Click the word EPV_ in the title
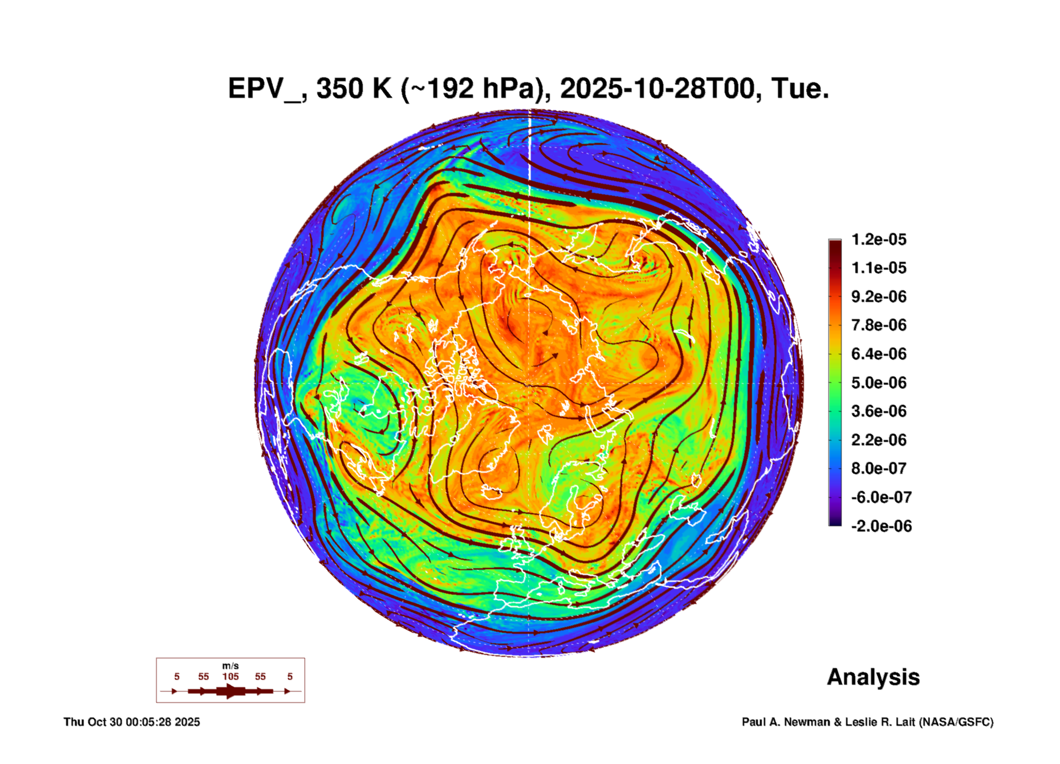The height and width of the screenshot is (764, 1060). [x=264, y=89]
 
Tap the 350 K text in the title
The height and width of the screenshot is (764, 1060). [x=354, y=89]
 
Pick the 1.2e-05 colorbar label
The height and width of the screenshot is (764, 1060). [x=879, y=240]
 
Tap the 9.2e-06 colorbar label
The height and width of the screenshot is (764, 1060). [x=879, y=297]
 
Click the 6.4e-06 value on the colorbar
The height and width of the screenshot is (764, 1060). [x=879, y=354]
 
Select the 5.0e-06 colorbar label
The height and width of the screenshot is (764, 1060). [x=879, y=383]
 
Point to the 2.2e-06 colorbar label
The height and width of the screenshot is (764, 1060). [x=879, y=440]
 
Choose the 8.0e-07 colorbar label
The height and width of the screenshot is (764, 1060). [x=879, y=468]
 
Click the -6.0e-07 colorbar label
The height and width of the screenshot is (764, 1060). [x=881, y=497]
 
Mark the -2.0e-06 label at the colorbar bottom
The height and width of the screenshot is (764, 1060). [x=881, y=526]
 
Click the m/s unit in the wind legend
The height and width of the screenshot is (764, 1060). [x=231, y=666]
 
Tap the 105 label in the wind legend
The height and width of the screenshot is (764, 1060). [x=231, y=676]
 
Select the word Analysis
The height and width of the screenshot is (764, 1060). [x=873, y=677]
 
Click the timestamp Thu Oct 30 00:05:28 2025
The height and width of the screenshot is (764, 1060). [x=132, y=722]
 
